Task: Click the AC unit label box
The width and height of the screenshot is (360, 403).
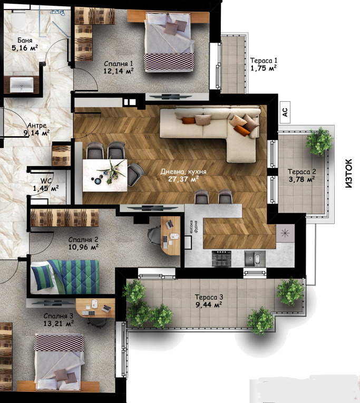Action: [x=285, y=112]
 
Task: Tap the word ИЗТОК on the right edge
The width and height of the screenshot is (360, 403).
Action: [x=348, y=174]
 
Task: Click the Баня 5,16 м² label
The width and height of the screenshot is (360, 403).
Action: [x=25, y=44]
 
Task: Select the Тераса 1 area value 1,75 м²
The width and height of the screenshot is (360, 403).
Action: [x=264, y=68]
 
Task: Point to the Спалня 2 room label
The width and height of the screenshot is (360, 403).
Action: [x=83, y=239]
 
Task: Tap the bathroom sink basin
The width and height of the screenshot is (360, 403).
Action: [x=22, y=84]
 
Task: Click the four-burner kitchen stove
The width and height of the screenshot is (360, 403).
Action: [x=221, y=258]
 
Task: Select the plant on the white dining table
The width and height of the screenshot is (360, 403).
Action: [x=112, y=171]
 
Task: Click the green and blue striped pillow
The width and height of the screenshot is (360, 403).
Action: [x=42, y=277]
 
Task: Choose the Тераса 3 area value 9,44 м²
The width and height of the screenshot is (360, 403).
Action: [x=209, y=305]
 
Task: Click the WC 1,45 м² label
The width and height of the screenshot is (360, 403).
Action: [x=46, y=184]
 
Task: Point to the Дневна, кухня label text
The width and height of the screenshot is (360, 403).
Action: [x=183, y=171]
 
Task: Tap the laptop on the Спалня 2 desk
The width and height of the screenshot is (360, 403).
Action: [x=169, y=224]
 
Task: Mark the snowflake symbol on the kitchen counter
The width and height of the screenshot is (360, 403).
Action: [x=285, y=233]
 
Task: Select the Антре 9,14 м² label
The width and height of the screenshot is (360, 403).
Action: [x=38, y=129]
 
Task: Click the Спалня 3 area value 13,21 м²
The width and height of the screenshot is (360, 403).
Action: [x=59, y=323]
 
